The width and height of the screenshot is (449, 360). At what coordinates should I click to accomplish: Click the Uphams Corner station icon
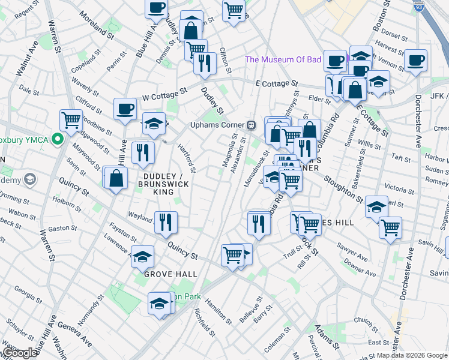click(253, 125)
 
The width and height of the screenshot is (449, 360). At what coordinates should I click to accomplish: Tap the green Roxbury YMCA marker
click(58, 139)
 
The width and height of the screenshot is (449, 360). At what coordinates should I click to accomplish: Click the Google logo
click(19, 353)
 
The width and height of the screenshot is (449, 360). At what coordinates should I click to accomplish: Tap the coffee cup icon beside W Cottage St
click(125, 109)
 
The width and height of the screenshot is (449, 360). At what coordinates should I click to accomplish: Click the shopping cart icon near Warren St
click(71, 120)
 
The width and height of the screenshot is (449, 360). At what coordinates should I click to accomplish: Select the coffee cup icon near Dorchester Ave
click(415, 60)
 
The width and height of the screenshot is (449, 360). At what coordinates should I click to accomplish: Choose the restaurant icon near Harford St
click(143, 152)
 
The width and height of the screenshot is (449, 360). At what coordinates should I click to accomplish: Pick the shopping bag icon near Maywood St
click(116, 178)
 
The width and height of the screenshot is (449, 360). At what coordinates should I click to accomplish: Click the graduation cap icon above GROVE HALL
click(142, 257)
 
